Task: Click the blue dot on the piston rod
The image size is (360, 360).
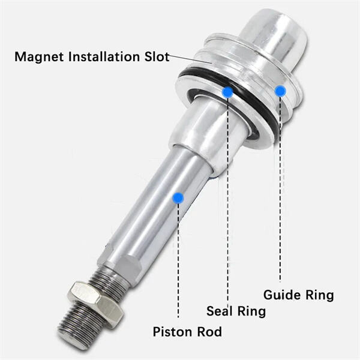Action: [x=178, y=197]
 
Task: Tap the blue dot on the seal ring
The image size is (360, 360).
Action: [x=227, y=92]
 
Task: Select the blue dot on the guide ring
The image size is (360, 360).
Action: [x=280, y=90]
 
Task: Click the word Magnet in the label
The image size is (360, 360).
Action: [x=40, y=58]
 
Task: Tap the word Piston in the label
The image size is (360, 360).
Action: [x=170, y=332]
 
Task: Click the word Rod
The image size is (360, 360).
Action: [x=209, y=332]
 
